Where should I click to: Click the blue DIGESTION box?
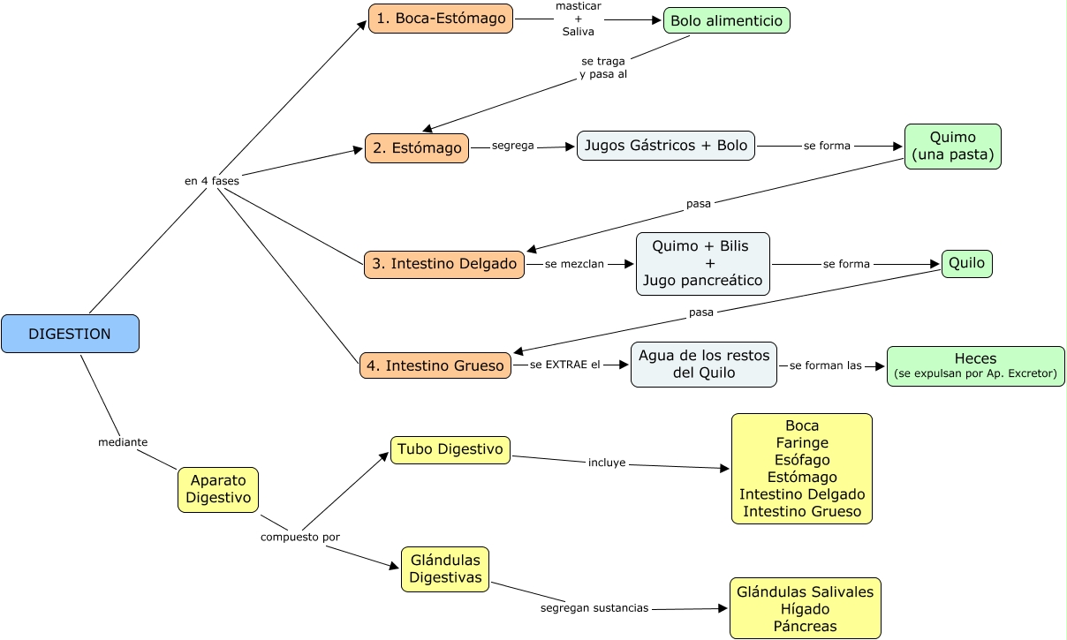click(70, 334)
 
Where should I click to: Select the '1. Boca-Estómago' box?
click(441, 19)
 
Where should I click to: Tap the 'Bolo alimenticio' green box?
click(726, 20)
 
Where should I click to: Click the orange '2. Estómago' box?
click(417, 148)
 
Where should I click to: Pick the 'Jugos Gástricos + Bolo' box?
click(666, 146)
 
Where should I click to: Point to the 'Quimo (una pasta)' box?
click(952, 147)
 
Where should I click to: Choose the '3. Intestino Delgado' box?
click(444, 264)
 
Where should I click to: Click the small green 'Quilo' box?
click(966, 264)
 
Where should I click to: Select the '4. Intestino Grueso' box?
click(435, 365)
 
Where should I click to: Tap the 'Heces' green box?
click(975, 365)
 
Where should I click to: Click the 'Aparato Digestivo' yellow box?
click(218, 489)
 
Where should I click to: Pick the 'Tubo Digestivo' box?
click(450, 449)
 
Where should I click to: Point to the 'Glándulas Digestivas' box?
click(445, 569)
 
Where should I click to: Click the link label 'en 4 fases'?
click(212, 180)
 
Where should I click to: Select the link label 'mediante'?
click(123, 441)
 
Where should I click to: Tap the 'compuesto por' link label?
click(300, 537)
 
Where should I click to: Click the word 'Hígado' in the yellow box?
click(805, 609)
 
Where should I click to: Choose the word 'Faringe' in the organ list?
click(802, 443)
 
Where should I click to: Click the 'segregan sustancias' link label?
click(594, 608)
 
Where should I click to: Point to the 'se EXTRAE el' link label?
click(565, 365)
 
